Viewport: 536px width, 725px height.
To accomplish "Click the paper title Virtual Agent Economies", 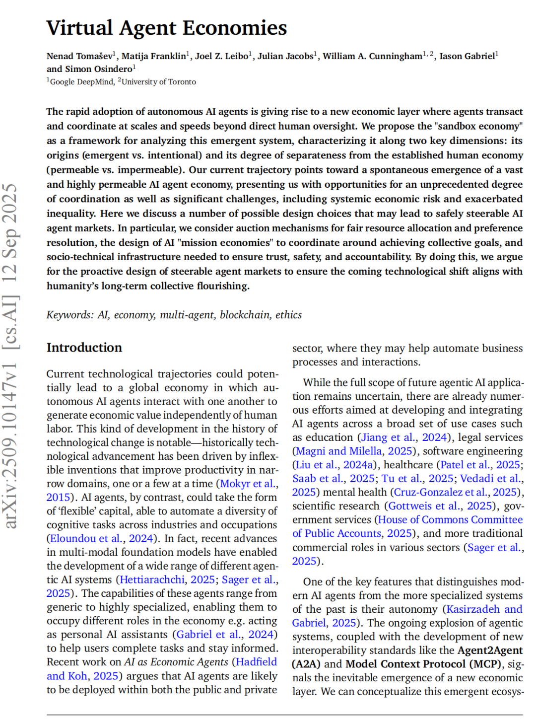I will tap(167, 28).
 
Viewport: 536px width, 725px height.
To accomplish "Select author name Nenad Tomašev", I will tap(79, 56).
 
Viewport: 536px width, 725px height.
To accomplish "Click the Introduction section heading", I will tap(84, 348).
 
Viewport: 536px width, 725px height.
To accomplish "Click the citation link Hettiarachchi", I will tap(152, 580).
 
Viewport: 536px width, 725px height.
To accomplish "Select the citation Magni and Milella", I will tap(338, 451).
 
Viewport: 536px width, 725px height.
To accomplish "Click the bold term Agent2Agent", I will tap(490, 651).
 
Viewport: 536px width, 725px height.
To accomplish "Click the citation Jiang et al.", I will tap(388, 437).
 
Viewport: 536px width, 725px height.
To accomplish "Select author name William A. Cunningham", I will tap(372, 56).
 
